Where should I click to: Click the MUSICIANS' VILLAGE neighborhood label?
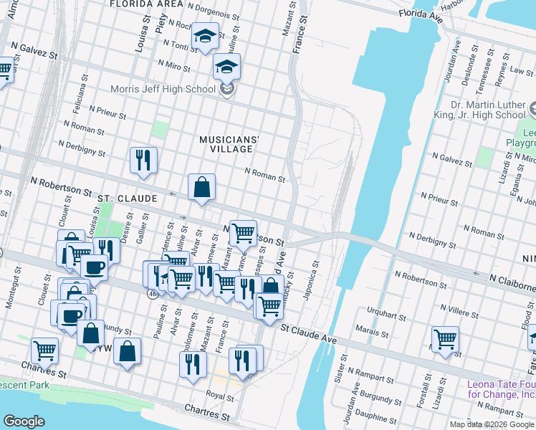click(x=227, y=143)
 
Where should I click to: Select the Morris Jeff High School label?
click(x=163, y=90)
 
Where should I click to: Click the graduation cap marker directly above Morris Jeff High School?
click(x=226, y=67)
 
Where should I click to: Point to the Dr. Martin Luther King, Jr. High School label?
click(x=479, y=110)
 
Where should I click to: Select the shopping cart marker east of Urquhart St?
click(x=445, y=339)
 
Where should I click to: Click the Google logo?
click(x=24, y=421)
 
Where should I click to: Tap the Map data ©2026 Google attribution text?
click(x=492, y=424)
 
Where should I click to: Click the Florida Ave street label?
click(x=420, y=13)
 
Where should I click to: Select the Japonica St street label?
click(x=312, y=281)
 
